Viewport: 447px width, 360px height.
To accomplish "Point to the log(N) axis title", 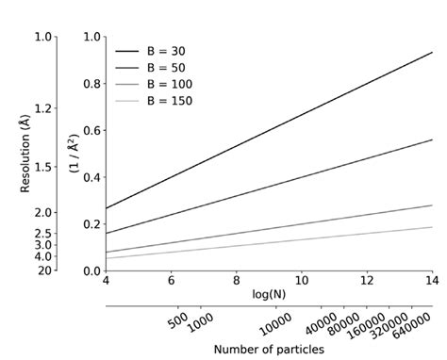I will pos(269,294).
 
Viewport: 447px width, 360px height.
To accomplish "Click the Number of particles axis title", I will pos(269,349).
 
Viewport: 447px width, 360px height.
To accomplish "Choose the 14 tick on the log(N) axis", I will pos(432,281).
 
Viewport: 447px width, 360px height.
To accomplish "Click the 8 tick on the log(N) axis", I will pos(237,281).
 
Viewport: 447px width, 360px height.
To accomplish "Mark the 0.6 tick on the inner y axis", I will pos(91,130).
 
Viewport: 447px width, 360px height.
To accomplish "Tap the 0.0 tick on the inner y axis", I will pos(91,270).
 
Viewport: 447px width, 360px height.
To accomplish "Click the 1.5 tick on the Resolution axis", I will pos(43,167).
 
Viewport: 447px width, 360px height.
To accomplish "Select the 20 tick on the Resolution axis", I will pos(45,270).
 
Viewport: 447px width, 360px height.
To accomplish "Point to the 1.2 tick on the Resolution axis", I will pos(43,110).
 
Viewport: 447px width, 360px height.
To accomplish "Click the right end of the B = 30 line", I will pos(432,53).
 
